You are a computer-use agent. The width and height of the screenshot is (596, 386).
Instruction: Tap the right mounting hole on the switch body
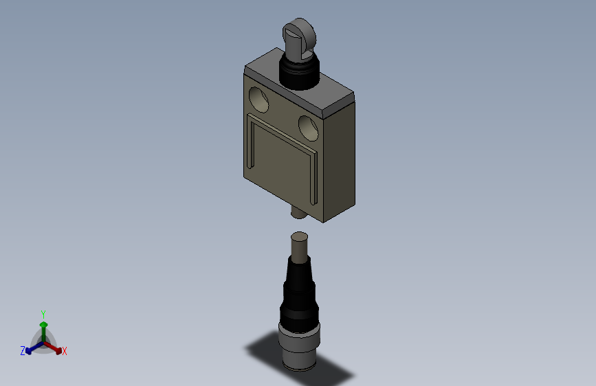308,127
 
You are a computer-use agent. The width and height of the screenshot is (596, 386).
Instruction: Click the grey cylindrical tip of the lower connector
299,247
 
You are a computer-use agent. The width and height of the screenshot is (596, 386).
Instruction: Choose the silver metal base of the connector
299,347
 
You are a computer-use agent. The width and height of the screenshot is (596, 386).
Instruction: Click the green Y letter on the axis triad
43,313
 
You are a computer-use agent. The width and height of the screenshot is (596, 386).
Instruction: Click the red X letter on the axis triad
65,352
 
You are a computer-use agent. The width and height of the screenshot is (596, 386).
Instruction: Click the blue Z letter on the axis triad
23,351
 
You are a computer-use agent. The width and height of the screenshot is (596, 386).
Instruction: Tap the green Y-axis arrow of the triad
43,326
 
